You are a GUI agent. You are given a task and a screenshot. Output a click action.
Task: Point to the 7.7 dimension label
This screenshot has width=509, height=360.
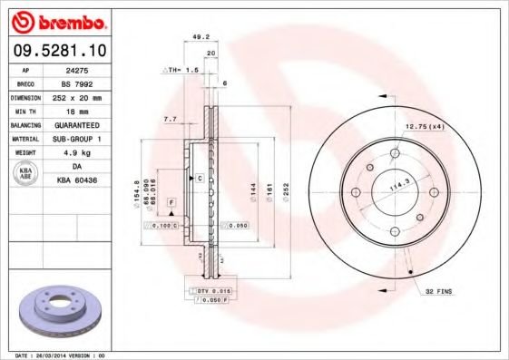tap(169, 119)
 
